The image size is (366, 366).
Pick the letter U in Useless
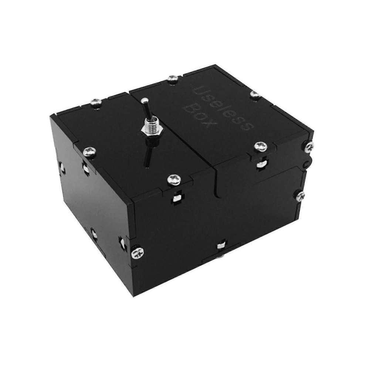pos(197,90)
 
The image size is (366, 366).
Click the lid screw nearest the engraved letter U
pos(172,78)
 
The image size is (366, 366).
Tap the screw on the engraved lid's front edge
pos(260,147)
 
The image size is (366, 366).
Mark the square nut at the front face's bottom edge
pos(221,244)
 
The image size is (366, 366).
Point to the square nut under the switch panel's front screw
pos(176,199)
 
